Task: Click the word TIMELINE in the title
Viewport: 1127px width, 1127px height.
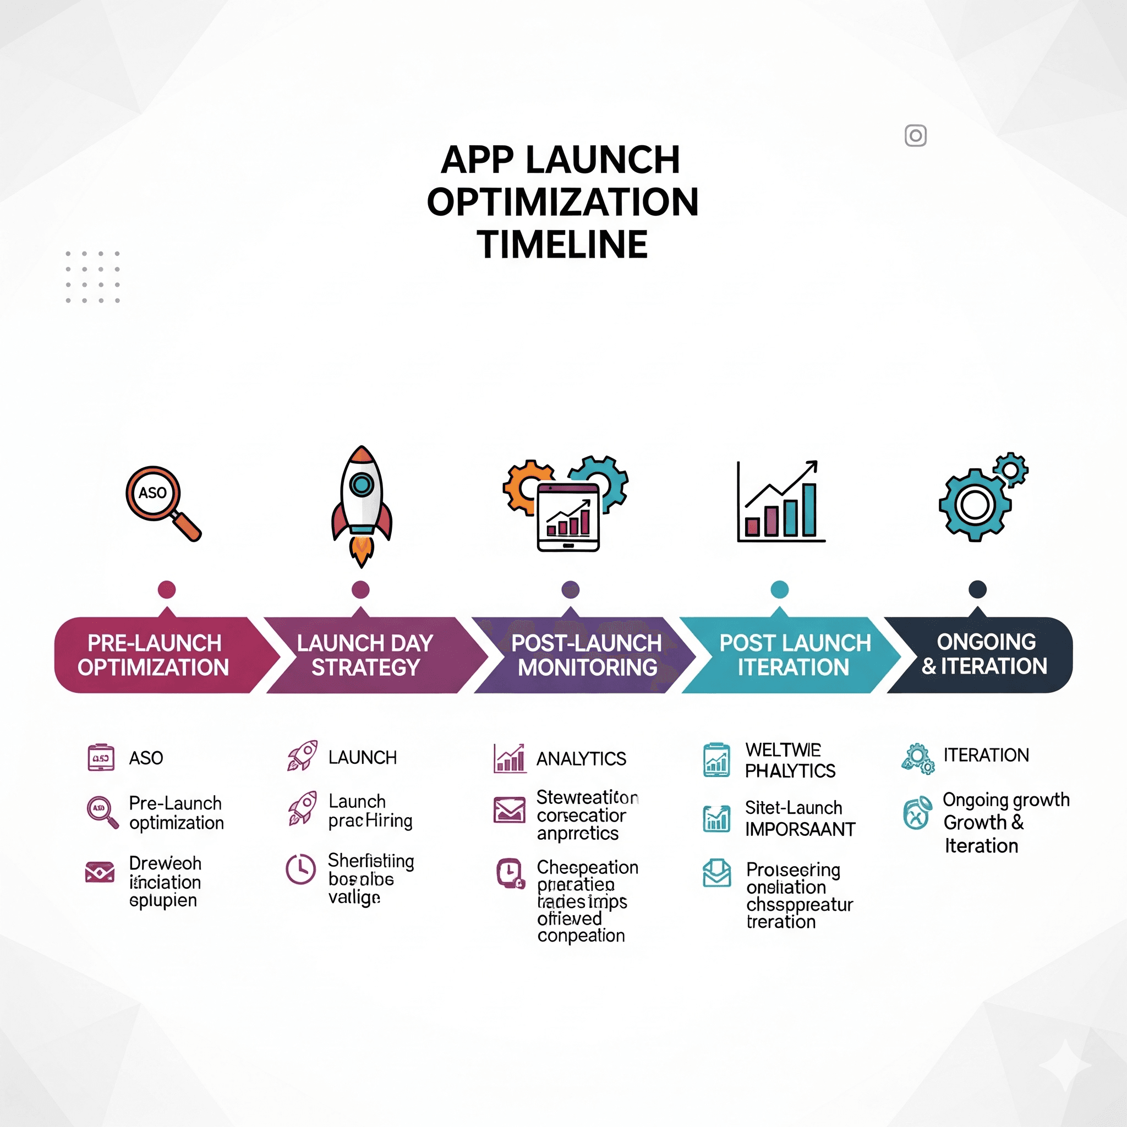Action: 562,244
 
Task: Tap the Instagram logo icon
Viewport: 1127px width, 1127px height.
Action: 915,136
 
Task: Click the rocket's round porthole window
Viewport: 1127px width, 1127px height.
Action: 361,484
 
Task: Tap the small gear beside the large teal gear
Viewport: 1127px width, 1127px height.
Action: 1010,469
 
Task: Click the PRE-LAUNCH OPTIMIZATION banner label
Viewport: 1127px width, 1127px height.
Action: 154,655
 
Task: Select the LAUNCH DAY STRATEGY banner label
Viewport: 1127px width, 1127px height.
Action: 365,655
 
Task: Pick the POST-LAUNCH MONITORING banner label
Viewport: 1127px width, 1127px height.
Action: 586,655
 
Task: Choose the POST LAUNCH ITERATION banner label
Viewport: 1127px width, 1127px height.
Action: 795,655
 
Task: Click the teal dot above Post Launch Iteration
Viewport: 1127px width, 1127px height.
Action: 779,589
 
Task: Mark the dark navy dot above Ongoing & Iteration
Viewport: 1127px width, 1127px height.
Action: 978,589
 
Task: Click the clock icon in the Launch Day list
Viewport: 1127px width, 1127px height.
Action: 300,869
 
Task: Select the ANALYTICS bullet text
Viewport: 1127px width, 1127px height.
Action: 581,759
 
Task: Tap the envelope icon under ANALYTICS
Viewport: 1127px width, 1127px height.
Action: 509,809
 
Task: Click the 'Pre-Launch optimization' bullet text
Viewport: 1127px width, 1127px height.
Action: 176,813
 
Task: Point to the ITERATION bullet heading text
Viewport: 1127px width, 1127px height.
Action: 986,756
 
